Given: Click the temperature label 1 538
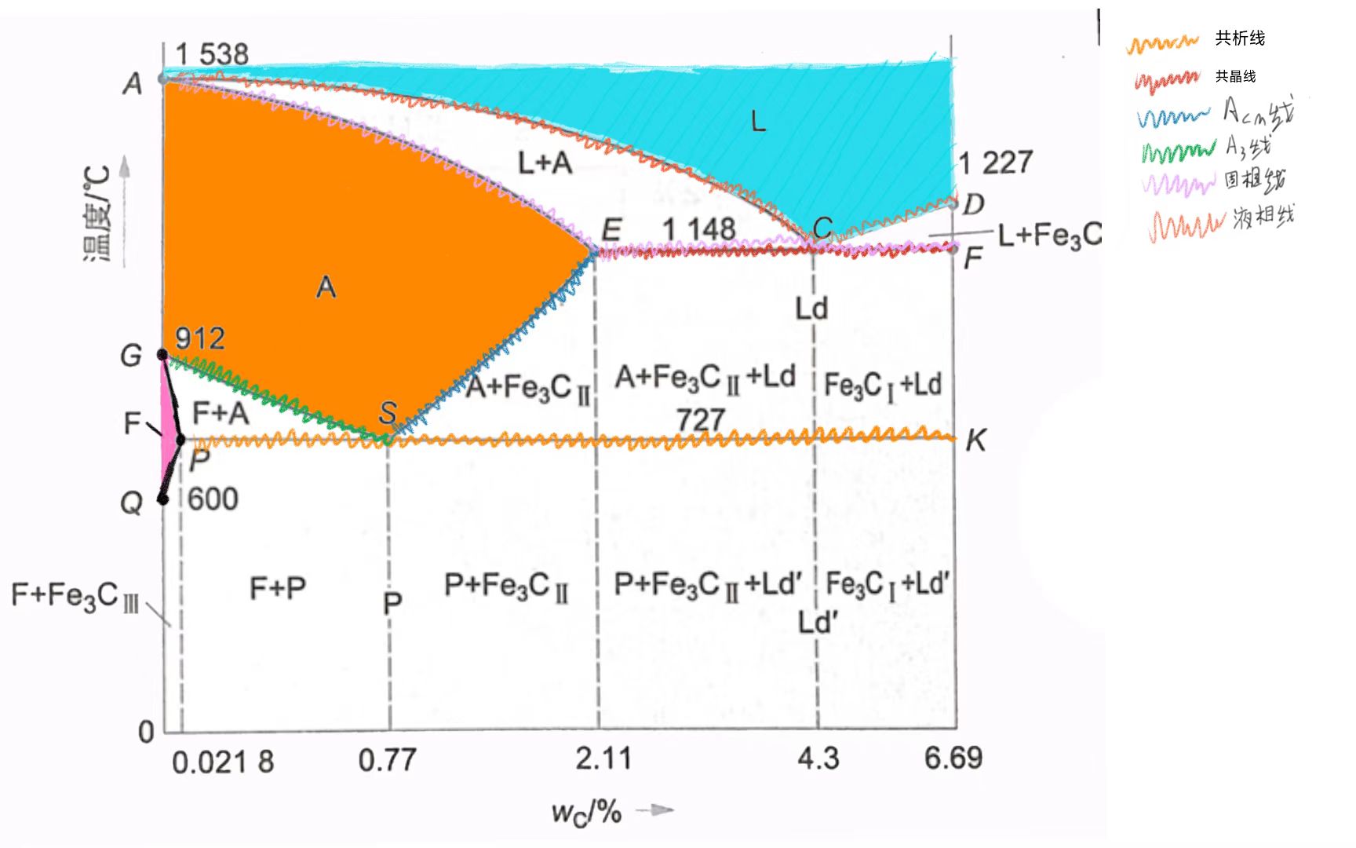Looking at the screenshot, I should pos(212,55).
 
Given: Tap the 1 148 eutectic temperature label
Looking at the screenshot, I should pos(698,229).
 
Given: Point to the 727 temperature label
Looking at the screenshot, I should pos(700,420).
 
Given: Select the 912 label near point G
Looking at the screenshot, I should pos(200,338).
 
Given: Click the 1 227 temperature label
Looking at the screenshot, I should pos(996,163).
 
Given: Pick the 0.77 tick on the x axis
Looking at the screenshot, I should pos(387,760).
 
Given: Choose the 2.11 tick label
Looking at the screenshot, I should pos(603,758).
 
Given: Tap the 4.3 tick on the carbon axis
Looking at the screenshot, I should pos(818,758).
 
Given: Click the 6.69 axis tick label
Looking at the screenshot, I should pos(953,758).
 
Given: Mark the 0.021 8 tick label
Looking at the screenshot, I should pos(223,762).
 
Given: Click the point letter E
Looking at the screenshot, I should pos(611,231).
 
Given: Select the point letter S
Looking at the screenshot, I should pos(388,412).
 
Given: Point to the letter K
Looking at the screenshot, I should pos(975,441).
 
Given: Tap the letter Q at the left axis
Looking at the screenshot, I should pos(131,503).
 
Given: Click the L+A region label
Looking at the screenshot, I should pos(545,163).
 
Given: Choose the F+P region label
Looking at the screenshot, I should pos(278,587).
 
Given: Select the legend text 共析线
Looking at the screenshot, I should pos(1240,38).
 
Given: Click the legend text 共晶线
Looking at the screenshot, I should pos(1235,76).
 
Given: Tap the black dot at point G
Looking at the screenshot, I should pos(163,355).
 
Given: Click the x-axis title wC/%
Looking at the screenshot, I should pos(586,812).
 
